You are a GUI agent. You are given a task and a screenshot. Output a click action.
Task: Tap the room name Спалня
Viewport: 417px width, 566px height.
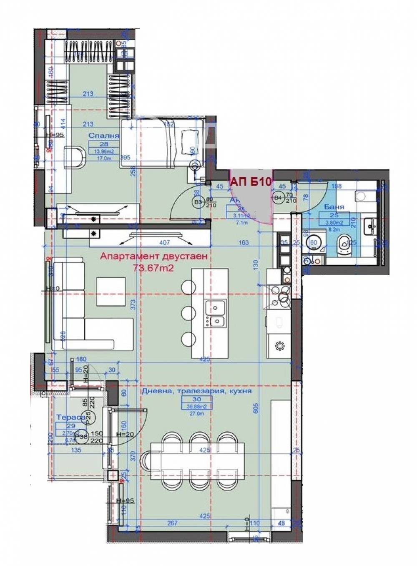point(104,136)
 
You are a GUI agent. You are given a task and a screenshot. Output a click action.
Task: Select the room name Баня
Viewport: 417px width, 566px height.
point(334,207)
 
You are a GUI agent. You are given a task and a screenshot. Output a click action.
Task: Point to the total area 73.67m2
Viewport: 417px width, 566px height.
point(153,268)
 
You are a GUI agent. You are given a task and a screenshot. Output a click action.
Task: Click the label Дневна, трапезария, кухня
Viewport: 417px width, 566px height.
point(196,391)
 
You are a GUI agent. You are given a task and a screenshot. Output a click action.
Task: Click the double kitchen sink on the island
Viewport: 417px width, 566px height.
point(215,314)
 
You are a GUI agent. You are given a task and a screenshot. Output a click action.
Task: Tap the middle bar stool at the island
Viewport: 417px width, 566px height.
point(188,312)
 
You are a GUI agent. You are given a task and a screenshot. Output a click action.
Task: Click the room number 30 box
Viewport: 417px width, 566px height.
point(196,399)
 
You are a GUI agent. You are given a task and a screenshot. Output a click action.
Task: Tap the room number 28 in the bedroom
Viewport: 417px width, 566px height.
point(104,144)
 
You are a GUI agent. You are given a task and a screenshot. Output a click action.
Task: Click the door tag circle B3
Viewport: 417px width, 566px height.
point(197,202)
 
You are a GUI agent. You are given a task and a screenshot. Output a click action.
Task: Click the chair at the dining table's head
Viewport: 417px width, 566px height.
point(147,461)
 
